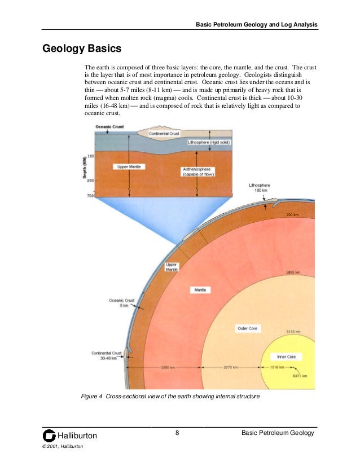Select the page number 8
[177, 433]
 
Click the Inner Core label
[289, 357]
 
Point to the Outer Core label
[247, 328]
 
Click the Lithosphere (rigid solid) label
[207, 143]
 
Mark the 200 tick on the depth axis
[90, 180]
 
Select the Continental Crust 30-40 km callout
[107, 355]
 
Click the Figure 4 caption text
[170, 397]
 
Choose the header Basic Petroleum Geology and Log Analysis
[256, 25]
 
